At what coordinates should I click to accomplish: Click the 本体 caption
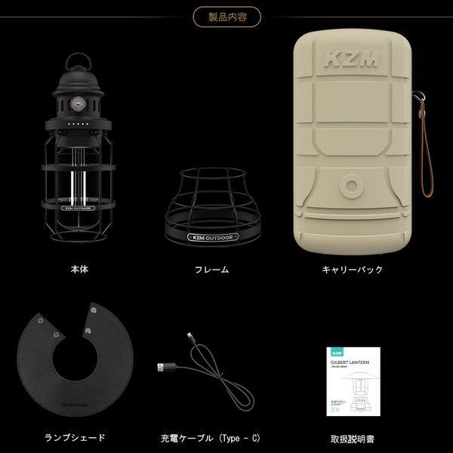(x=79, y=268)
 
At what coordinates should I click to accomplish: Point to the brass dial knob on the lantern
(x=75, y=102)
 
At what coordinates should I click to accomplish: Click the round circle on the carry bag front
(x=350, y=185)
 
